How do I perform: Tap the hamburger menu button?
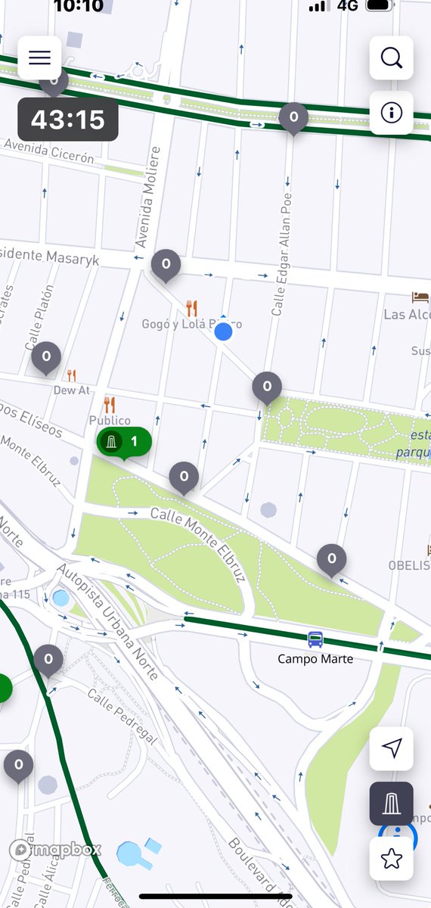click(39, 58)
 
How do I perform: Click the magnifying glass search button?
click(391, 58)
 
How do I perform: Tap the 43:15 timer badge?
click(67, 120)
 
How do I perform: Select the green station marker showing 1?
click(123, 441)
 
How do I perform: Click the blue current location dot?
click(223, 331)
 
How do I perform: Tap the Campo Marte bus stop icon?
click(315, 639)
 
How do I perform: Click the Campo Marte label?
click(315, 659)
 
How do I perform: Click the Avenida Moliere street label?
click(149, 197)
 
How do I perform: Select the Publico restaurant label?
click(110, 420)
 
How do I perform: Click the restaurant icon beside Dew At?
click(72, 375)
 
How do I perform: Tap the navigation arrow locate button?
click(391, 748)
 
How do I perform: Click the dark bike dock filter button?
click(391, 803)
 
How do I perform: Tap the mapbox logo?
click(55, 850)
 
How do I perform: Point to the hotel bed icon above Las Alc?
click(420, 297)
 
